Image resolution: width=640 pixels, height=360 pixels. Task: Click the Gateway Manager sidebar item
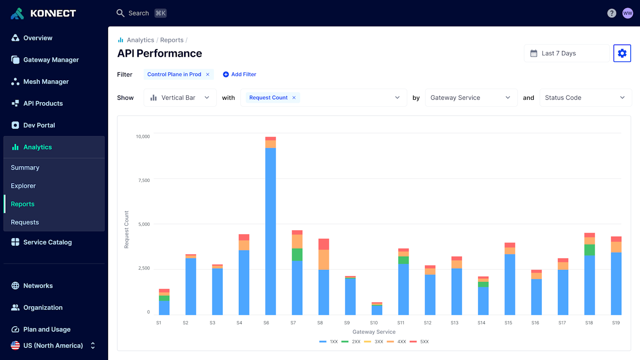tap(51, 60)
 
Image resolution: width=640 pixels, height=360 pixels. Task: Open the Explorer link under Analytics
tap(23, 186)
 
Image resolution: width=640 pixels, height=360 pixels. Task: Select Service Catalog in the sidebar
tap(47, 242)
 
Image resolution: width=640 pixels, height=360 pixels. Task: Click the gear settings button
tap(622, 53)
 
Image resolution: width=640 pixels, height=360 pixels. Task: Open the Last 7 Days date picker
tap(566, 53)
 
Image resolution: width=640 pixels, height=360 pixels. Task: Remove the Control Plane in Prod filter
tap(208, 74)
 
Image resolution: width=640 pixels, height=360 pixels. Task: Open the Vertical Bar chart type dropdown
tap(180, 98)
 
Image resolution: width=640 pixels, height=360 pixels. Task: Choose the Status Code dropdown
tap(585, 98)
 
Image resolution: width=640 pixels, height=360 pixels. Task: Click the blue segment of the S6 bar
tap(270, 232)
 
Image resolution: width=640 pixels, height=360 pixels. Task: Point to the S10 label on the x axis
tap(374, 322)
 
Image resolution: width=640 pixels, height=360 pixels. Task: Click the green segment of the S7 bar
tap(297, 254)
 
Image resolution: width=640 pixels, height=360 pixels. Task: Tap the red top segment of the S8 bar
tap(324, 244)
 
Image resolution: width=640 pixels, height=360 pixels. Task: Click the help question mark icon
tap(612, 13)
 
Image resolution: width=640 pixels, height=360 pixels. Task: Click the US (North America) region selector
tap(53, 346)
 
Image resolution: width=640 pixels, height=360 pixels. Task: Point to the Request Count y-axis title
tap(127, 230)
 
